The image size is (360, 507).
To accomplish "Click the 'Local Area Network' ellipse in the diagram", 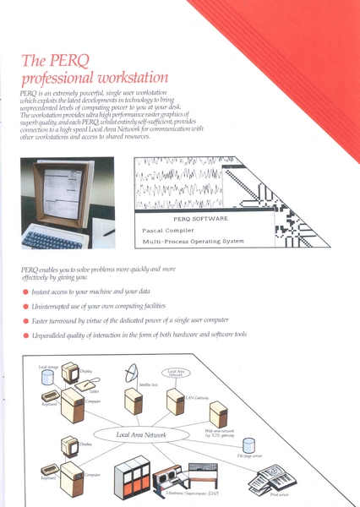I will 142,435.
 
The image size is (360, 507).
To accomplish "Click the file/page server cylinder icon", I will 250,445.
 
